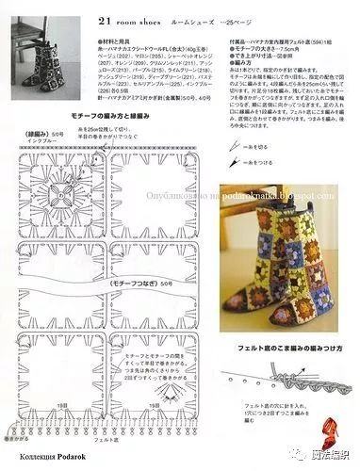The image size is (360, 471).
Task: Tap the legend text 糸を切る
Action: [x=261, y=148]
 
